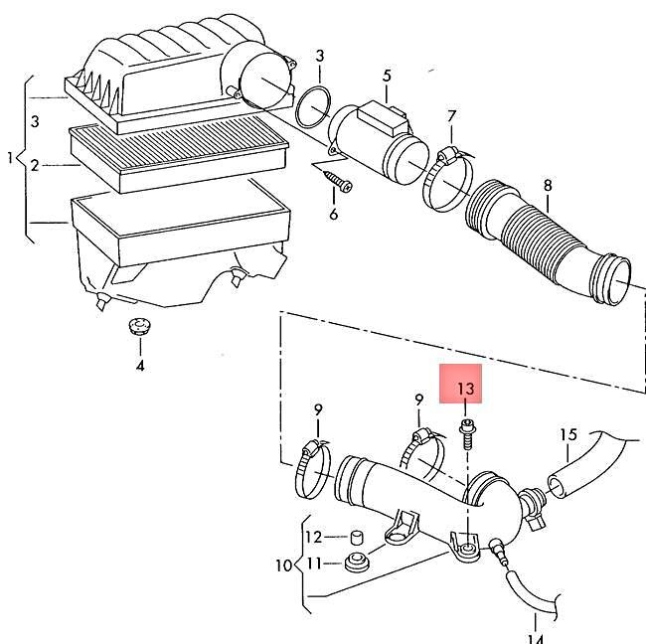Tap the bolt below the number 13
tap(466, 430)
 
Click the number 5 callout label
tap(387, 76)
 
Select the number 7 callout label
tap(452, 118)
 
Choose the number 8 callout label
tap(546, 185)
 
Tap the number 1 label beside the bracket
tap(11, 158)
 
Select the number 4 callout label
tap(139, 366)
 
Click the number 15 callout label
tap(567, 434)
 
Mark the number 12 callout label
tap(312, 538)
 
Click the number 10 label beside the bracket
tap(282, 565)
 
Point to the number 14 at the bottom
tap(535, 636)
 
